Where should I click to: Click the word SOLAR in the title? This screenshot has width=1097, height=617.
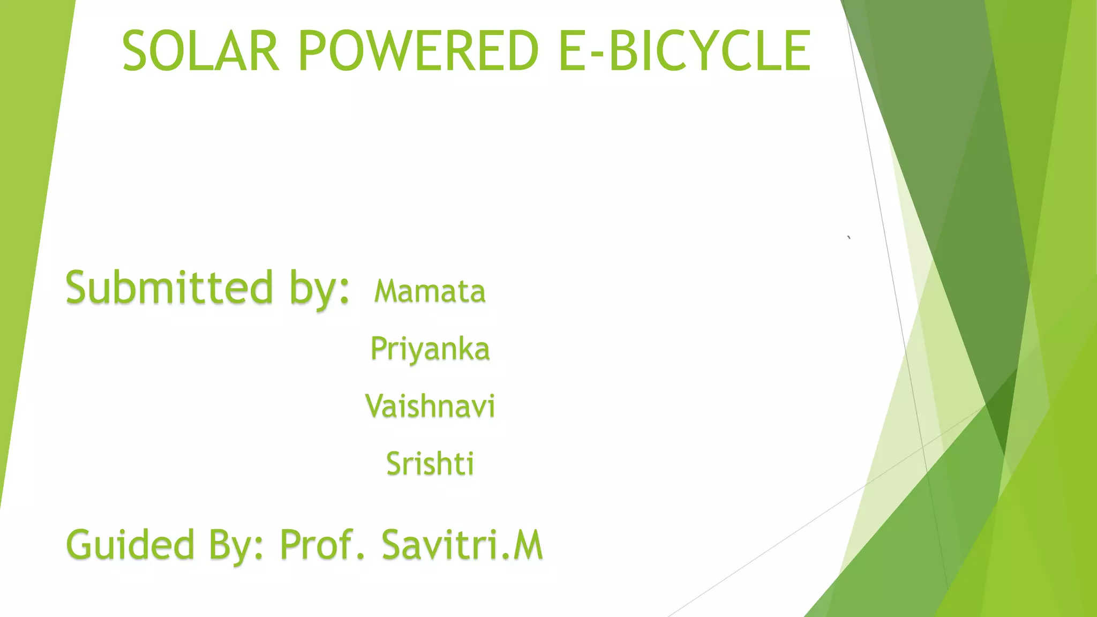point(201,51)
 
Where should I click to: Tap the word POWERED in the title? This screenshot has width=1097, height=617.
point(418,51)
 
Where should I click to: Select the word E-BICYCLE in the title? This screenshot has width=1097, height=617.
point(685,51)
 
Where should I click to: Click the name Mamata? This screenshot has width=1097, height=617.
point(430,292)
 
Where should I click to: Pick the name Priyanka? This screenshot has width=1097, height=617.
point(430,350)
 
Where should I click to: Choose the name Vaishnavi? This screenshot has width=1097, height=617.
point(430,406)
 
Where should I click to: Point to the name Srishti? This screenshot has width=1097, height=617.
point(430,464)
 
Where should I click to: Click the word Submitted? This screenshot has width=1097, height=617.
point(169,288)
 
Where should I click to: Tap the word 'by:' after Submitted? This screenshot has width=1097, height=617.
point(320,289)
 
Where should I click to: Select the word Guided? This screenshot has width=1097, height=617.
point(130,545)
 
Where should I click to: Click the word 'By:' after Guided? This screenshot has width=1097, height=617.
point(236,545)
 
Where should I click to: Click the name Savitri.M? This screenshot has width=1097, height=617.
point(462,545)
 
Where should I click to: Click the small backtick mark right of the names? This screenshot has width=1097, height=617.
point(849,237)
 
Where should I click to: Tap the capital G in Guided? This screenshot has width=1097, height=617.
point(82,545)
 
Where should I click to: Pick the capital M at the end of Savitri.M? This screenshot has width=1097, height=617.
point(528,545)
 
